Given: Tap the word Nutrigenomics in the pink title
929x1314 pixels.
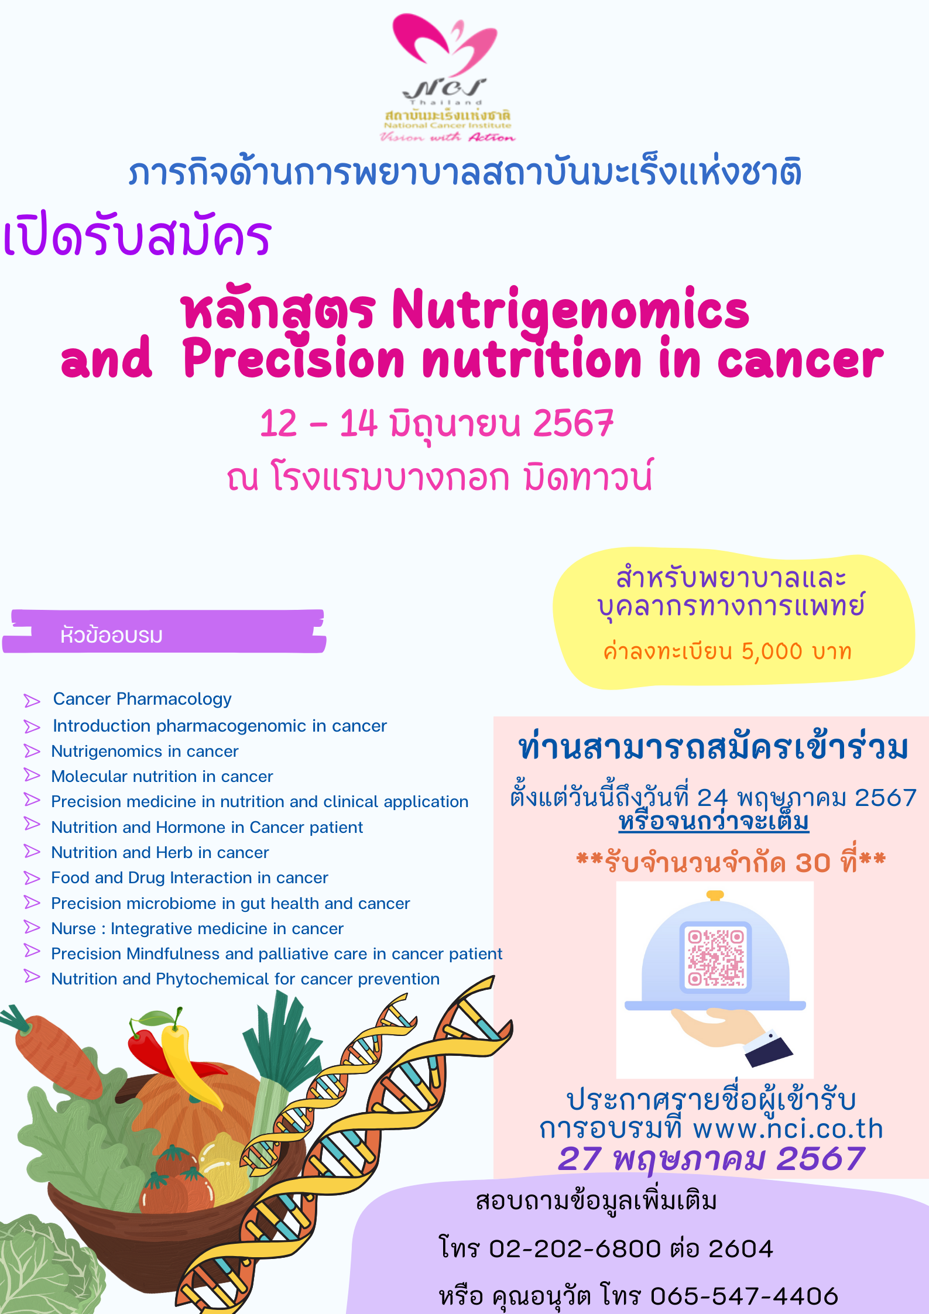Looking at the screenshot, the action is pos(570,310).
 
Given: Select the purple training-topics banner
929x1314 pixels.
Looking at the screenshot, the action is pos(164,632).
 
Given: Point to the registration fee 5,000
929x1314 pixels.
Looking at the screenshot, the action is pos(772,651).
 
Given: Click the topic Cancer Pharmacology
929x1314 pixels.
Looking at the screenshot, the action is pos(142,699).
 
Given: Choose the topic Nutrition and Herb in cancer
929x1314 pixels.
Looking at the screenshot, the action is pos(160,853).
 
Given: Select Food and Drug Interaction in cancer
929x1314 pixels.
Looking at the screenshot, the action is pos(190,878).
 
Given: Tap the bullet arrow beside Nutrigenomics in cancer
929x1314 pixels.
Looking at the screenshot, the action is pos(32,751).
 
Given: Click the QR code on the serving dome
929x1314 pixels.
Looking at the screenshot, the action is pos(715,958).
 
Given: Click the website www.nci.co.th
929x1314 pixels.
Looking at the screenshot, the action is pos(788,1128).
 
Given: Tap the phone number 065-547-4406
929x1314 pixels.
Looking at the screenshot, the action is pos(744,1296).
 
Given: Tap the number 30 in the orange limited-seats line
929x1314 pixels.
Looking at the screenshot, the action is pos(813,863).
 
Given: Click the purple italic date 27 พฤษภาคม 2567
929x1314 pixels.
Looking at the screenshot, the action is pos(711,1159).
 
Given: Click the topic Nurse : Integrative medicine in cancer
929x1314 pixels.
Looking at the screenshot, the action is pos(197,929).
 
